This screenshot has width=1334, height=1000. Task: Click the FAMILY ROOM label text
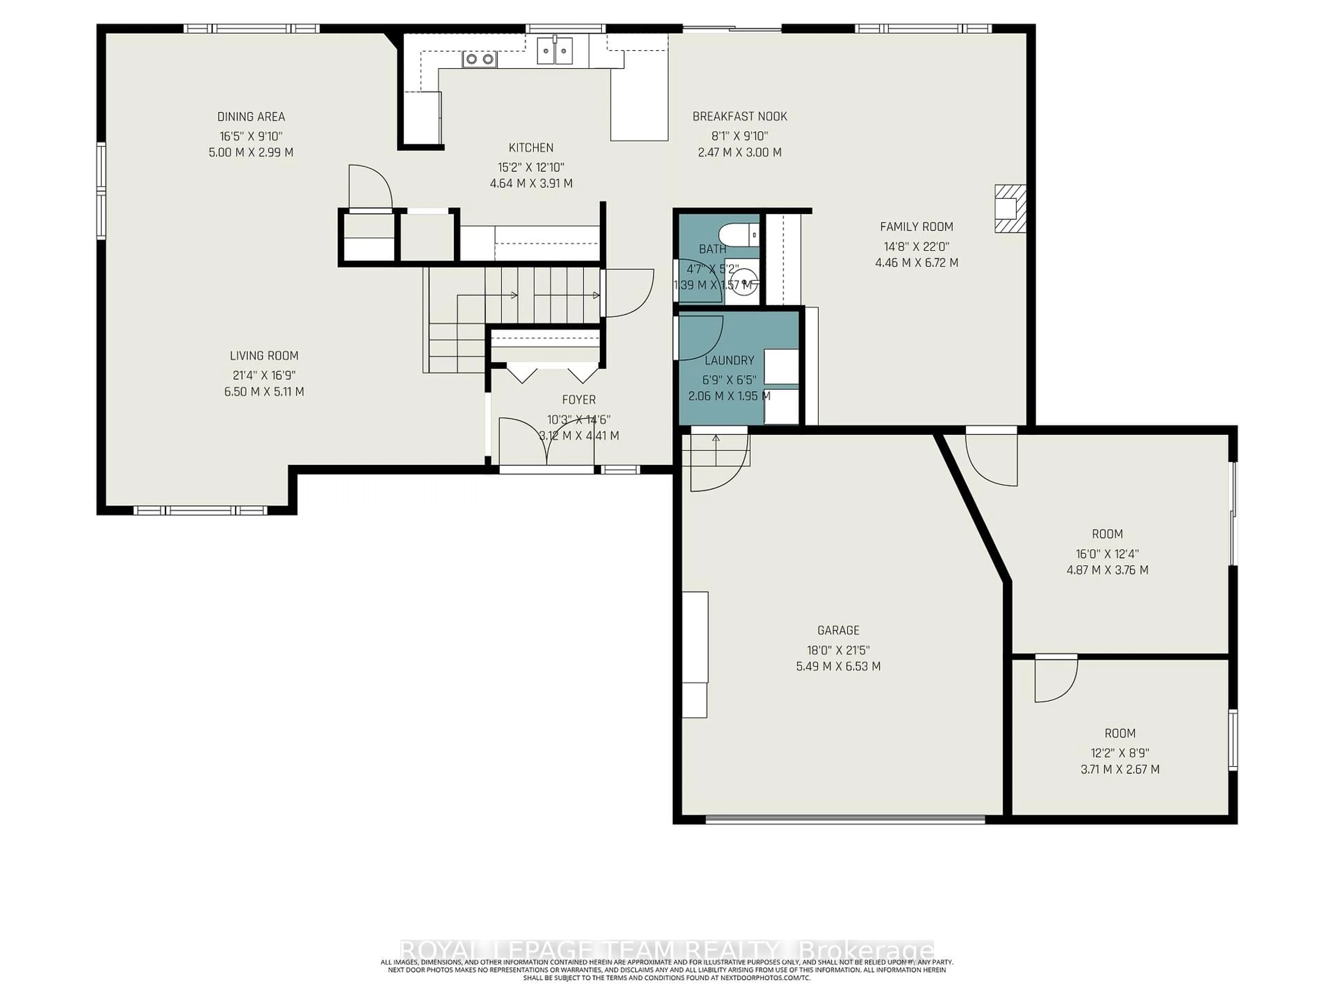tap(916, 227)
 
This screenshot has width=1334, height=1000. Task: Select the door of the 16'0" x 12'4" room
tap(991, 458)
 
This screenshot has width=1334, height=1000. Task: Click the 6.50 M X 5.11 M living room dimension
tap(264, 392)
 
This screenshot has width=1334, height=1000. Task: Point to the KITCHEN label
tap(531, 148)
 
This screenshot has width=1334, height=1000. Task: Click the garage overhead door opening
tap(844, 819)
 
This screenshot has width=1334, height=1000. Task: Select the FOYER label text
tap(578, 400)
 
